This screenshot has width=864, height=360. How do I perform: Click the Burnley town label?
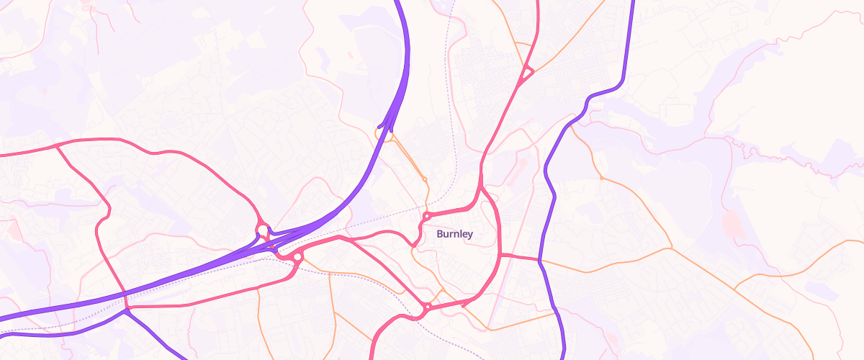click(x=454, y=234)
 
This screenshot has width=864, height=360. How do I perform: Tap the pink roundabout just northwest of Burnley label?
click(x=427, y=215)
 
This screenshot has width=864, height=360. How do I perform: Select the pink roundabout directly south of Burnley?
click(x=427, y=307)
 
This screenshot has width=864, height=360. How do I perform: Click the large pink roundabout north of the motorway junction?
click(x=261, y=230)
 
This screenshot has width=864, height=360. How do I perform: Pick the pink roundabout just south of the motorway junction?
click(x=297, y=257)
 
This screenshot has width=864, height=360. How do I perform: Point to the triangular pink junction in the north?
click(x=526, y=72)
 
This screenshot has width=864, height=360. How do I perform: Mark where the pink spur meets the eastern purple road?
click(x=539, y=258)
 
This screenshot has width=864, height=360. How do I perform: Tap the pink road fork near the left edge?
click(x=56, y=146)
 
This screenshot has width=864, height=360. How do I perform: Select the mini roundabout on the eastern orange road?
click(x=600, y=177)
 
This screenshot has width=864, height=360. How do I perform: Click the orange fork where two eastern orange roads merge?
click(x=670, y=248)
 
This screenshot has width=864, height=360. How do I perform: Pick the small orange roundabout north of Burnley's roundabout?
click(x=425, y=179)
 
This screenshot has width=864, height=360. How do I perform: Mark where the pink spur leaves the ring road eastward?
click(x=500, y=254)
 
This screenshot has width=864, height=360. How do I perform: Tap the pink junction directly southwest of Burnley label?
click(x=414, y=247)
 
